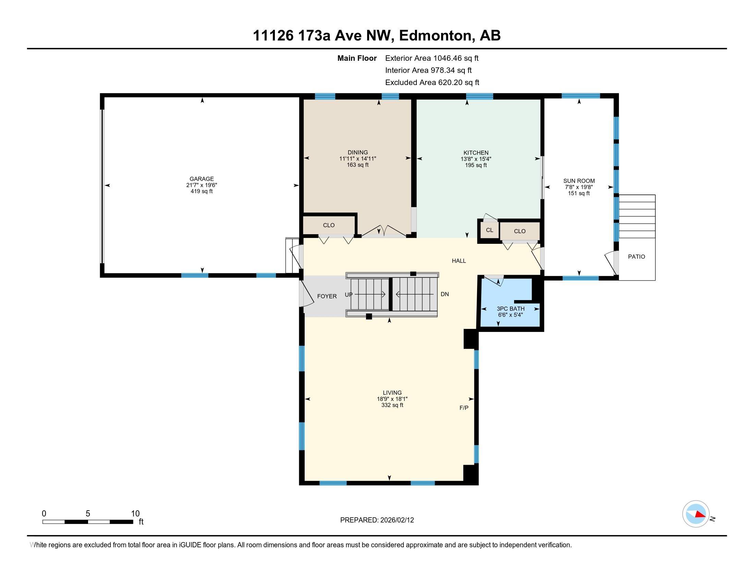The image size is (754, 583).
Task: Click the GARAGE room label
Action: tap(202, 179)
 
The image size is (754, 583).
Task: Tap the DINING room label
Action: tap(358, 152)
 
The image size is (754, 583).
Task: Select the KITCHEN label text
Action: tap(476, 153)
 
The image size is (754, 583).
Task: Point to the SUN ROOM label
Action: tap(579, 181)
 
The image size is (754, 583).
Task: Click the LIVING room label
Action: tap(392, 393)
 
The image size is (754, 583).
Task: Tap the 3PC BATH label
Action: tap(511, 309)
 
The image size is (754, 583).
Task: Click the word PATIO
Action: tap(637, 257)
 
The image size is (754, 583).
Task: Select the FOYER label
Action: tap(327, 296)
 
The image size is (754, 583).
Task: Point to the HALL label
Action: tap(459, 261)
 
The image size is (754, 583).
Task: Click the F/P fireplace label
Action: tap(464, 408)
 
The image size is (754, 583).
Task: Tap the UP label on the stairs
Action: tap(349, 295)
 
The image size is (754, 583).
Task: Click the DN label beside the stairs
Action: tap(445, 294)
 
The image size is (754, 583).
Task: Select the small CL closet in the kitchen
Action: tap(489, 230)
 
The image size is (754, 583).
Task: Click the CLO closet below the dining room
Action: tap(329, 225)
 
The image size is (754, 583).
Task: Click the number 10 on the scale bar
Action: tap(135, 514)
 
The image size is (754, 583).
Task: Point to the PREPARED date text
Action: tap(377, 520)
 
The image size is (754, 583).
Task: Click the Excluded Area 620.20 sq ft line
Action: tap(432, 83)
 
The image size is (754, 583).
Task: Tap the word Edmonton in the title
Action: tap(435, 36)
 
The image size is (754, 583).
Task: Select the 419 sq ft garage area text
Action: tap(202, 191)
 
